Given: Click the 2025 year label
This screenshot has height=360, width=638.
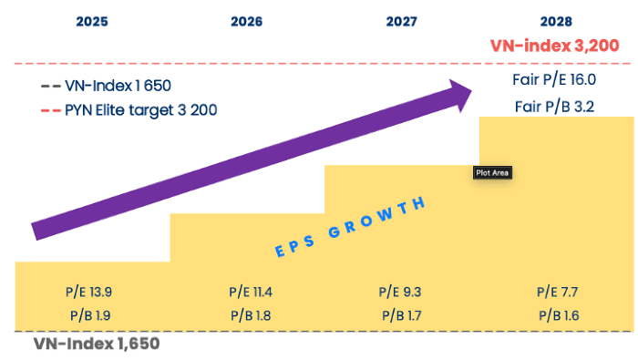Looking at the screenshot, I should coord(92,19).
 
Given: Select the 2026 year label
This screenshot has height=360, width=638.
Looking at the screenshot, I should coord(250,19).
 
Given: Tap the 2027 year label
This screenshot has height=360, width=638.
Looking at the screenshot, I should coord(402,19).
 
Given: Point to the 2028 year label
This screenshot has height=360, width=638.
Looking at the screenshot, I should coord(556,19).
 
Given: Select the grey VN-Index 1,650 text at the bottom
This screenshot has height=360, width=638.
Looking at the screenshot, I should coord(97,345).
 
